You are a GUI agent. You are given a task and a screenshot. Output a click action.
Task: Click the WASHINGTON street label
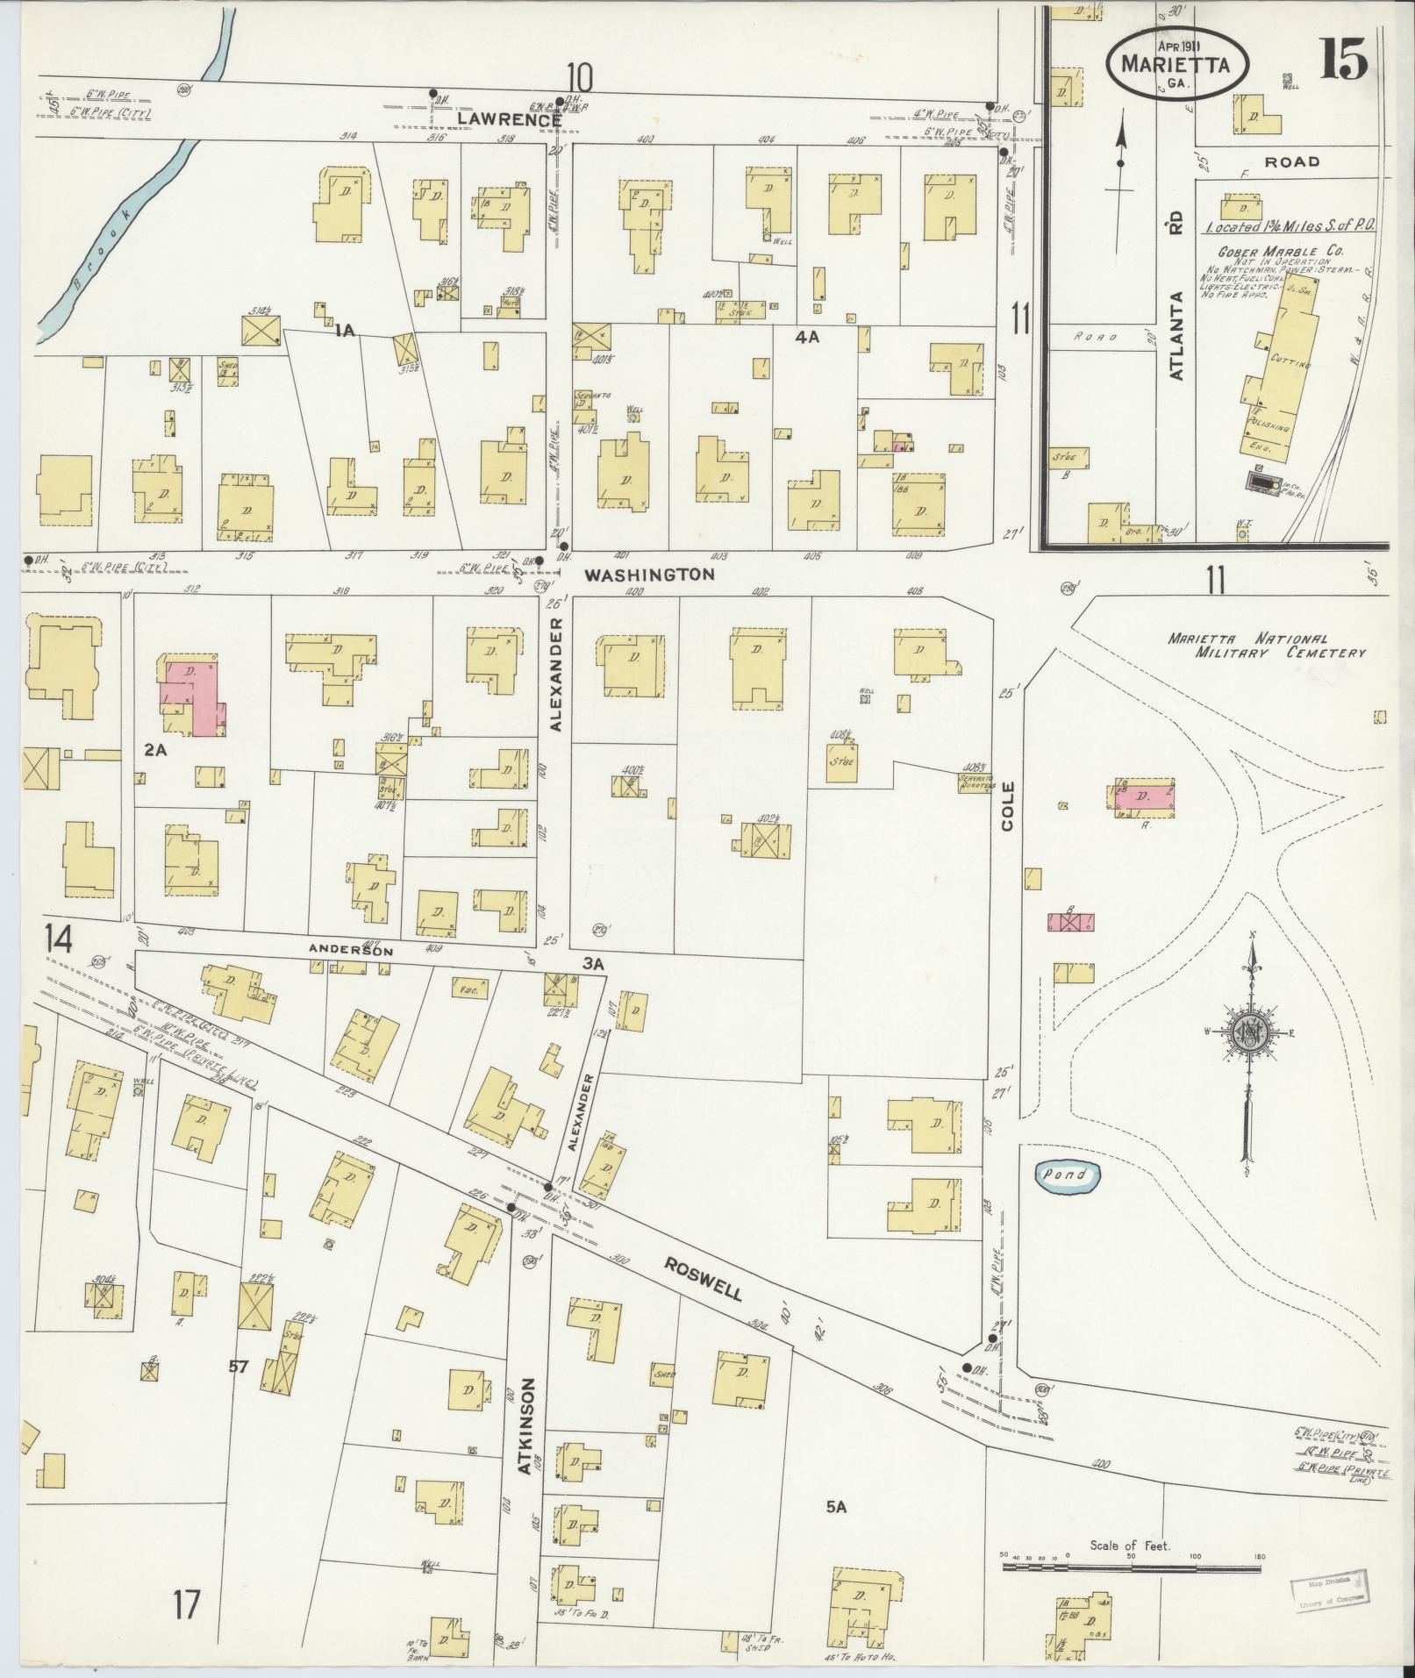650,575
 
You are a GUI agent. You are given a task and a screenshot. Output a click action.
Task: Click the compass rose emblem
1250,1036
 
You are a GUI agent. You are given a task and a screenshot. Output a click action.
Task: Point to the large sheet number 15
1341,61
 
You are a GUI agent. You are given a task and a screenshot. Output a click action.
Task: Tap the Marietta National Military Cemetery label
1267,646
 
